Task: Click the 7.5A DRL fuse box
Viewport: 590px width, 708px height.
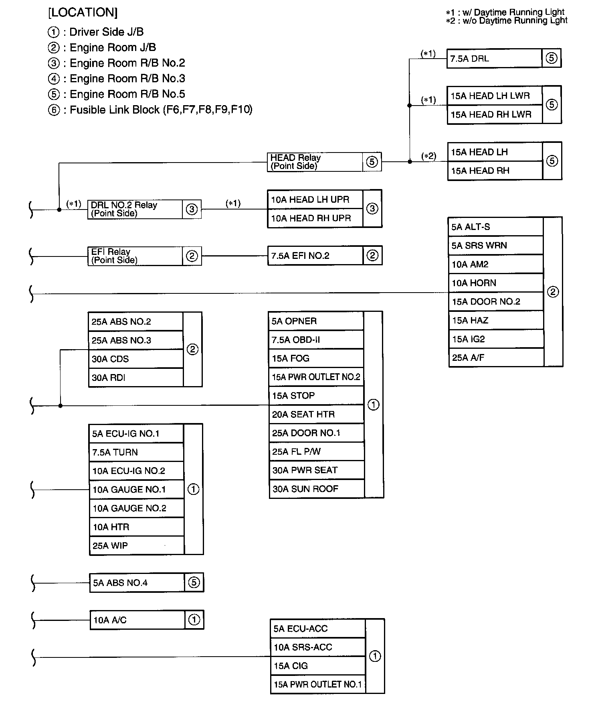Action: click(x=494, y=59)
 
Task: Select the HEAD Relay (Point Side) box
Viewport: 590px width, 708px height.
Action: click(x=315, y=162)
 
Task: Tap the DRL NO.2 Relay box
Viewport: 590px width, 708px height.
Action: click(x=135, y=209)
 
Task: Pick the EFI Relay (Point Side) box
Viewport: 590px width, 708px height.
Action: click(x=135, y=256)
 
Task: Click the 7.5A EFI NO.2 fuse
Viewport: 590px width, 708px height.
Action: click(x=315, y=256)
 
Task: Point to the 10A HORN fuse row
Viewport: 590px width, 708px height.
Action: click(x=495, y=283)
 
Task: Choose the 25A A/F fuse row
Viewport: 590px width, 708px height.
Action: click(x=495, y=358)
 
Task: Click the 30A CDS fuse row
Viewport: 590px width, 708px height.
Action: click(x=135, y=359)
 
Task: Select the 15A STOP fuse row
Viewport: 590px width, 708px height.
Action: click(x=316, y=396)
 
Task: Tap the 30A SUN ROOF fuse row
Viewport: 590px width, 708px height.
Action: click(x=316, y=489)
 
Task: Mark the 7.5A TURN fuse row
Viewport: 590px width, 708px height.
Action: click(x=136, y=452)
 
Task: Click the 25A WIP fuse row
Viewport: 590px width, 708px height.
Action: click(x=136, y=546)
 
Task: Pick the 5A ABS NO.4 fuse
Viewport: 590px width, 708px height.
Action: click(x=137, y=583)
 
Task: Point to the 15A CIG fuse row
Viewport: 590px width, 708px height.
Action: click(x=318, y=666)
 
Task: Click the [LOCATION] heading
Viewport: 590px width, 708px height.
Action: click(x=83, y=13)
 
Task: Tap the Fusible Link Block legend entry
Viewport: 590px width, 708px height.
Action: click(x=151, y=110)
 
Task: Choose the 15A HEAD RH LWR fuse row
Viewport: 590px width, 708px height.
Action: click(x=495, y=115)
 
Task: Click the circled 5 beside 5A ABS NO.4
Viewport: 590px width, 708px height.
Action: click(x=194, y=582)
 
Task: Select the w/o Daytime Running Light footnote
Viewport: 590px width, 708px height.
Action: click(x=507, y=21)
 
